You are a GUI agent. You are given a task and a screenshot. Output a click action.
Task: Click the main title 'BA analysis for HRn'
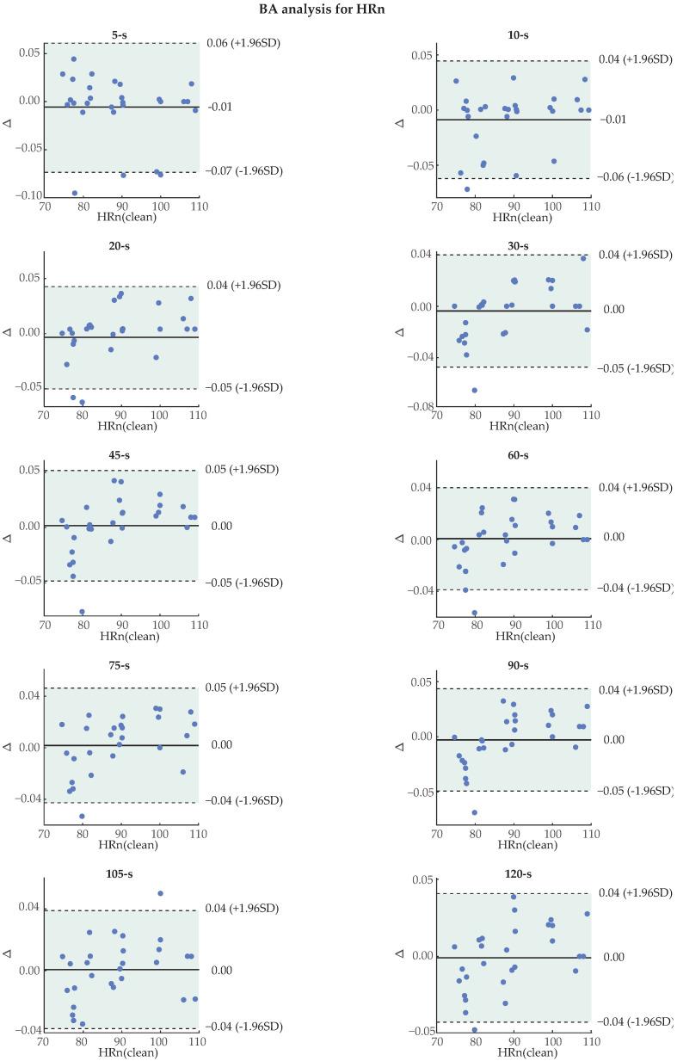pyautogui.click(x=338, y=10)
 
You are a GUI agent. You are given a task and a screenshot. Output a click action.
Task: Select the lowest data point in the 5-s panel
pyautogui.click(x=75, y=194)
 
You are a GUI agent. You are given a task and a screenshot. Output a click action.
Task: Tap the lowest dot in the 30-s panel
pyautogui.click(x=474, y=390)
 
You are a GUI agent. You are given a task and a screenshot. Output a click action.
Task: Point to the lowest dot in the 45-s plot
pyautogui.click(x=83, y=612)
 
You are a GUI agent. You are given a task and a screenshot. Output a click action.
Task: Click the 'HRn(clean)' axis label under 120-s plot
pyautogui.click(x=514, y=1054)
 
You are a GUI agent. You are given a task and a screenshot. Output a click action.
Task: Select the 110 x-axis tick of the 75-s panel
pyautogui.click(x=198, y=832)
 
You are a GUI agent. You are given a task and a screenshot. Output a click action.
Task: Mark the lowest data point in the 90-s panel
pyautogui.click(x=474, y=812)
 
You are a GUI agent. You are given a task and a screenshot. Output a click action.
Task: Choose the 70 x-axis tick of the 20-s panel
pyautogui.click(x=43, y=414)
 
